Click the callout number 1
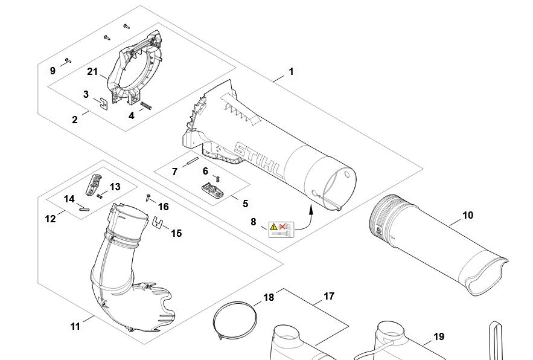click(291, 71)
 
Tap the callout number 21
click(92, 72)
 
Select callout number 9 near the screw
click(53, 71)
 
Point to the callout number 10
click(468, 215)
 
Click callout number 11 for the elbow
click(75, 326)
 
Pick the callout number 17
click(328, 297)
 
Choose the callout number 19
click(438, 336)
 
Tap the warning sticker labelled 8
click(281, 229)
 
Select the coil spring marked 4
click(148, 106)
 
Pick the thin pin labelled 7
click(191, 161)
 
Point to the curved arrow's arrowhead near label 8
click(311, 208)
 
